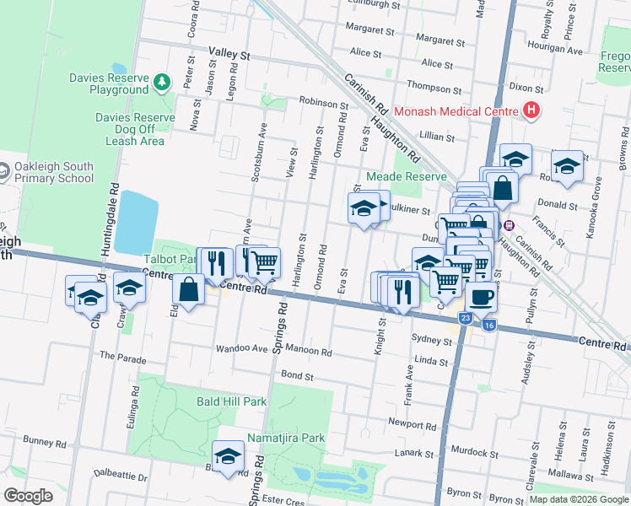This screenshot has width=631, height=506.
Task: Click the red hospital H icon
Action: pyautogui.click(x=531, y=110)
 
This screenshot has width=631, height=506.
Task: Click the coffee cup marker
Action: pyautogui.click(x=481, y=297)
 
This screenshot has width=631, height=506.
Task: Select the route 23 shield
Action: pyautogui.click(x=466, y=318)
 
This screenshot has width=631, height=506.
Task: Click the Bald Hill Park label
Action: pyautogui.click(x=231, y=401)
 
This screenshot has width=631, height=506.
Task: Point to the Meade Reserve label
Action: pyautogui.click(x=405, y=176)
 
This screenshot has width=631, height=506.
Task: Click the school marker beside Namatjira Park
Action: pyautogui.click(x=227, y=457)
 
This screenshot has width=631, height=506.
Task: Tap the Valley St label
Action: pyautogui.click(x=230, y=54)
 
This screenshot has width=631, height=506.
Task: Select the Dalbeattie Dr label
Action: pyautogui.click(x=121, y=476)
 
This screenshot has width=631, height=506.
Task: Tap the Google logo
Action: pyautogui.click(x=29, y=495)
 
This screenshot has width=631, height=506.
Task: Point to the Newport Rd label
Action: pyautogui.click(x=410, y=422)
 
